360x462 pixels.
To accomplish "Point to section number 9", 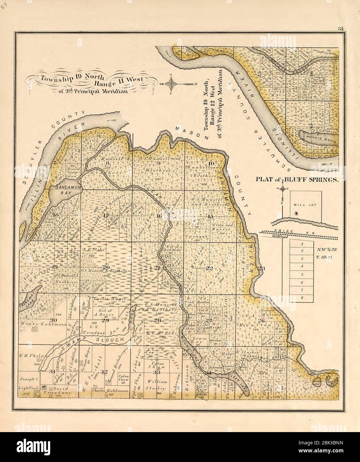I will click(x=159, y=163).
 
